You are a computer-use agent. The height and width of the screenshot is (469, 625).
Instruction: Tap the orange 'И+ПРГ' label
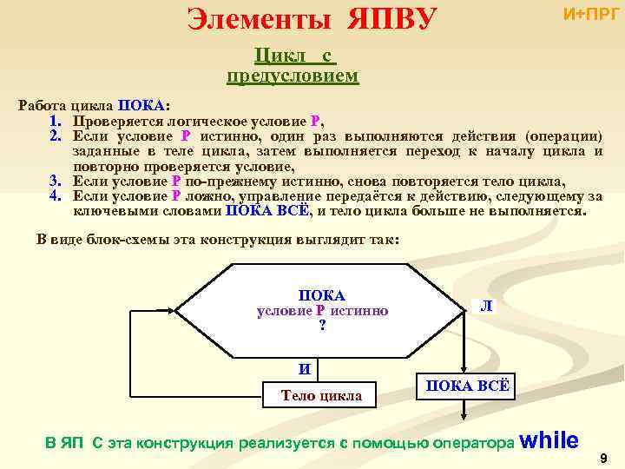click(592, 14)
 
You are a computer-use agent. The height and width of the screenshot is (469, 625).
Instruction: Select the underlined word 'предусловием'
click(293, 76)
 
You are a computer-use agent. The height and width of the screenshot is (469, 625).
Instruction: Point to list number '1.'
click(56, 121)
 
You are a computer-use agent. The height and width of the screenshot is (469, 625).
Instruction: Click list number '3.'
click(56, 181)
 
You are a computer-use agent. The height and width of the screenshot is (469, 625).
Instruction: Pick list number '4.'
click(56, 195)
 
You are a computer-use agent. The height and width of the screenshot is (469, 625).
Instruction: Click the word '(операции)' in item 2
click(562, 135)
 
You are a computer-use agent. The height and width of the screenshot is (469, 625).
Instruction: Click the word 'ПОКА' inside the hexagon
click(322, 296)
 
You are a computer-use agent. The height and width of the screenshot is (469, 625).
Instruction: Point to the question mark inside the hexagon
click(322, 326)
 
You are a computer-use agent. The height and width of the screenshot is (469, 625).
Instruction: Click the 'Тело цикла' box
click(321, 395)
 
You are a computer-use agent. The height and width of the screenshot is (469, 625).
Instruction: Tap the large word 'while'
click(553, 439)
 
